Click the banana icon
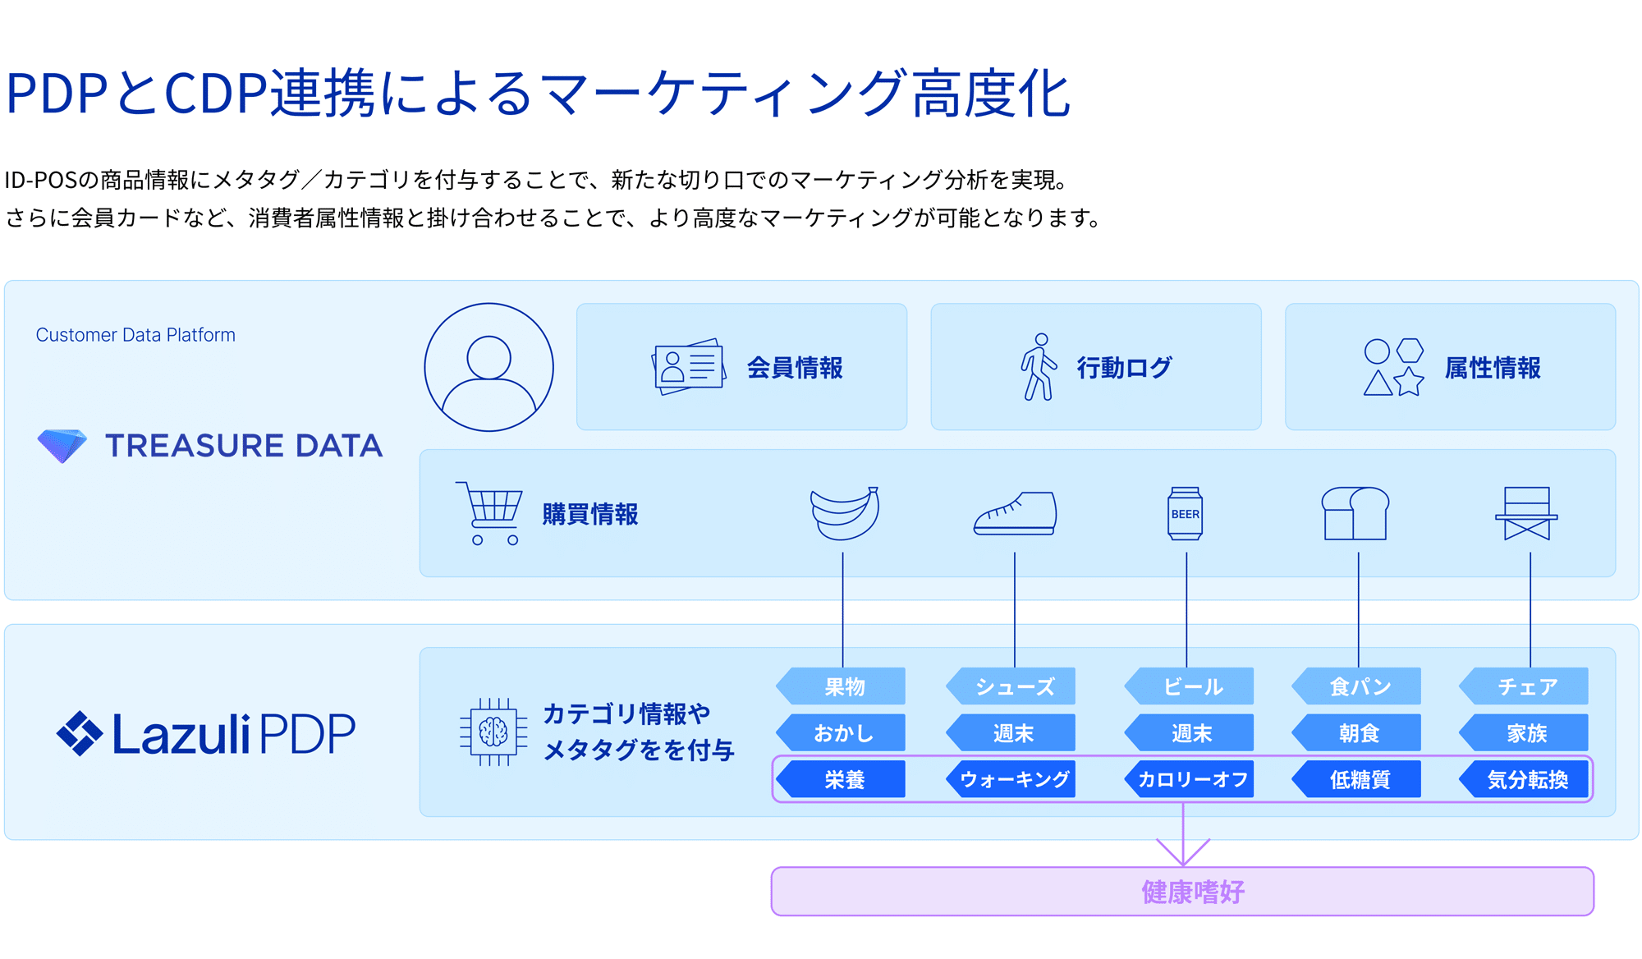(844, 513)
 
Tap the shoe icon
(1016, 514)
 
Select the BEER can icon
(1185, 514)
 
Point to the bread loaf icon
(1355, 513)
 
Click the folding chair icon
(1526, 513)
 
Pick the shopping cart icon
(491, 513)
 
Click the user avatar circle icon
(488, 367)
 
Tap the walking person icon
(1039, 367)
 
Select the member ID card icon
(689, 367)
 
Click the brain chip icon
(493, 732)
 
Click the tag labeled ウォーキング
(1013, 779)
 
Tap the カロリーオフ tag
(1191, 779)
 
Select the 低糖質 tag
(1359, 779)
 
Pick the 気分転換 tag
(1526, 779)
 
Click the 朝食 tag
(1359, 733)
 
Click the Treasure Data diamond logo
(62, 445)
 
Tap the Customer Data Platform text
(135, 335)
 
